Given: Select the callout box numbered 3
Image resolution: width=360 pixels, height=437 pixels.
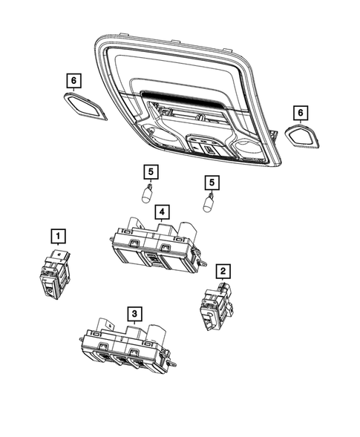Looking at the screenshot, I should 134,313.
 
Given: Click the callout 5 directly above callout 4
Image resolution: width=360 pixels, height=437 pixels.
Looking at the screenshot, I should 151,172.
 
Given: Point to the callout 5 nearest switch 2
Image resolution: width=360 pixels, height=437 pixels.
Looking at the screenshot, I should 211,182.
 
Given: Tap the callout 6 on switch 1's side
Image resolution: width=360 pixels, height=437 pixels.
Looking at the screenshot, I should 73,79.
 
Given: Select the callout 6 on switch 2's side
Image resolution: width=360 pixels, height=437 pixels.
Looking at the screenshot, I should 300,112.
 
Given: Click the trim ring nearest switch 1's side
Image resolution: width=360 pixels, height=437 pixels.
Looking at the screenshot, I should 86,105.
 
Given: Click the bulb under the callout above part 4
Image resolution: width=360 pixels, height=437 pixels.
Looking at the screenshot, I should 148,197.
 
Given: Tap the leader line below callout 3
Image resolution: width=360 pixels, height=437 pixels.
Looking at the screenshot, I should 134,323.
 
